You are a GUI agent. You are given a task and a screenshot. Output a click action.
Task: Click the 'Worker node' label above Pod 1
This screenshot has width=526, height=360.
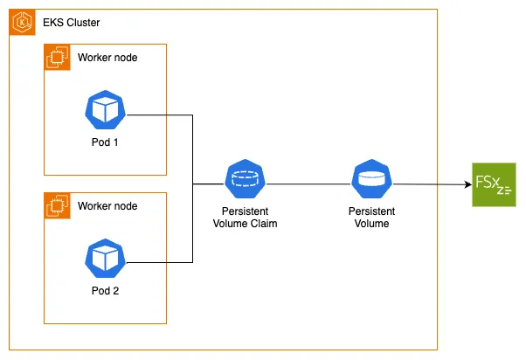tap(107, 58)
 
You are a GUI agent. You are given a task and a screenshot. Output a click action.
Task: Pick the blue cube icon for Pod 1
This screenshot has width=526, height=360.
tap(105, 108)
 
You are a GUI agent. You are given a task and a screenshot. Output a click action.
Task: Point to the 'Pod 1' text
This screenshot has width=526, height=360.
tap(105, 142)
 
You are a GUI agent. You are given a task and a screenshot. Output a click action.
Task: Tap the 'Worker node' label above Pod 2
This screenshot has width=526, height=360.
tap(107, 206)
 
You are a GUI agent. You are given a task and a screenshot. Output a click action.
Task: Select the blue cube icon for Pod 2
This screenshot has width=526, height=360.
tap(105, 257)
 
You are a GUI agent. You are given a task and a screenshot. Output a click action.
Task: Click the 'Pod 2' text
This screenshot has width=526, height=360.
tap(105, 290)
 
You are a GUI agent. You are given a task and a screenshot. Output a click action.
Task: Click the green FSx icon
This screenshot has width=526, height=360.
tap(494, 184)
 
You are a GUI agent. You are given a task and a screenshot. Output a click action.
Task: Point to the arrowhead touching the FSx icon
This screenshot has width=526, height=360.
tap(466, 185)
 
